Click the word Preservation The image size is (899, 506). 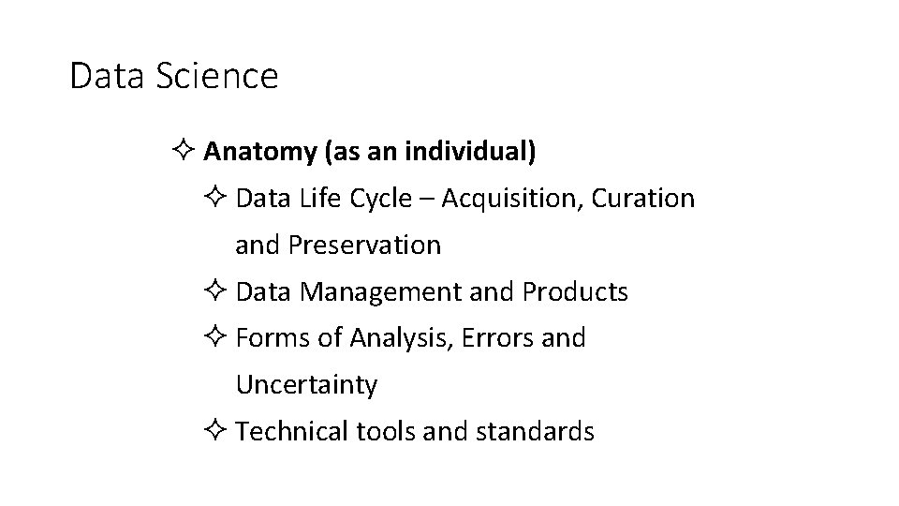(364, 246)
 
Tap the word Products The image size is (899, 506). (575, 292)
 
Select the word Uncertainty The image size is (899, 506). (306, 385)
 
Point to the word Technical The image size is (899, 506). (293, 432)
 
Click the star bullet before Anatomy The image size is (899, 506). (183, 152)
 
